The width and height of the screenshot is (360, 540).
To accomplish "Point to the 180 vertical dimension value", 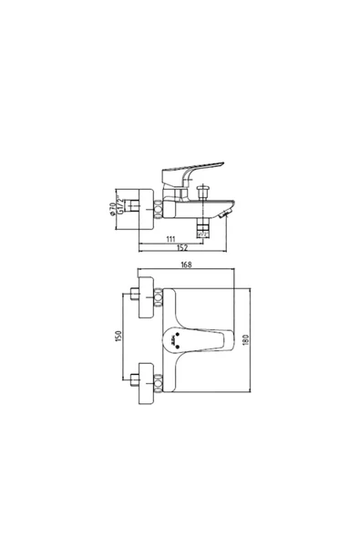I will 245,337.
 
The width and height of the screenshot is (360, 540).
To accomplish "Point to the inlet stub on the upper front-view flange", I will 133,294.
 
